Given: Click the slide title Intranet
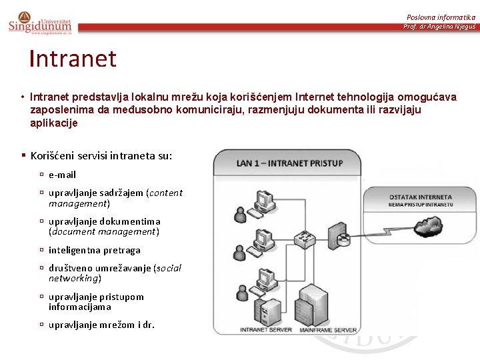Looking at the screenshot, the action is tap(73, 59).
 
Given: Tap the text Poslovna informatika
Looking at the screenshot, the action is tap(441, 17).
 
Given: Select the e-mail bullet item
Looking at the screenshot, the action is tap(62, 175).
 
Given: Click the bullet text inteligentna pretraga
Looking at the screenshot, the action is tap(94, 250).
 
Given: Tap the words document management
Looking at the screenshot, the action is tap(104, 231).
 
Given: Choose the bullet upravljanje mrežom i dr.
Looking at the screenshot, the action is tap(101, 325).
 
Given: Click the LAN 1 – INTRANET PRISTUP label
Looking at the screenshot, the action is tap(289, 163).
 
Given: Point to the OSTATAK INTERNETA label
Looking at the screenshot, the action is tap(421, 197).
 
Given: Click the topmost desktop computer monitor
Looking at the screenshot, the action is tap(266, 199).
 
